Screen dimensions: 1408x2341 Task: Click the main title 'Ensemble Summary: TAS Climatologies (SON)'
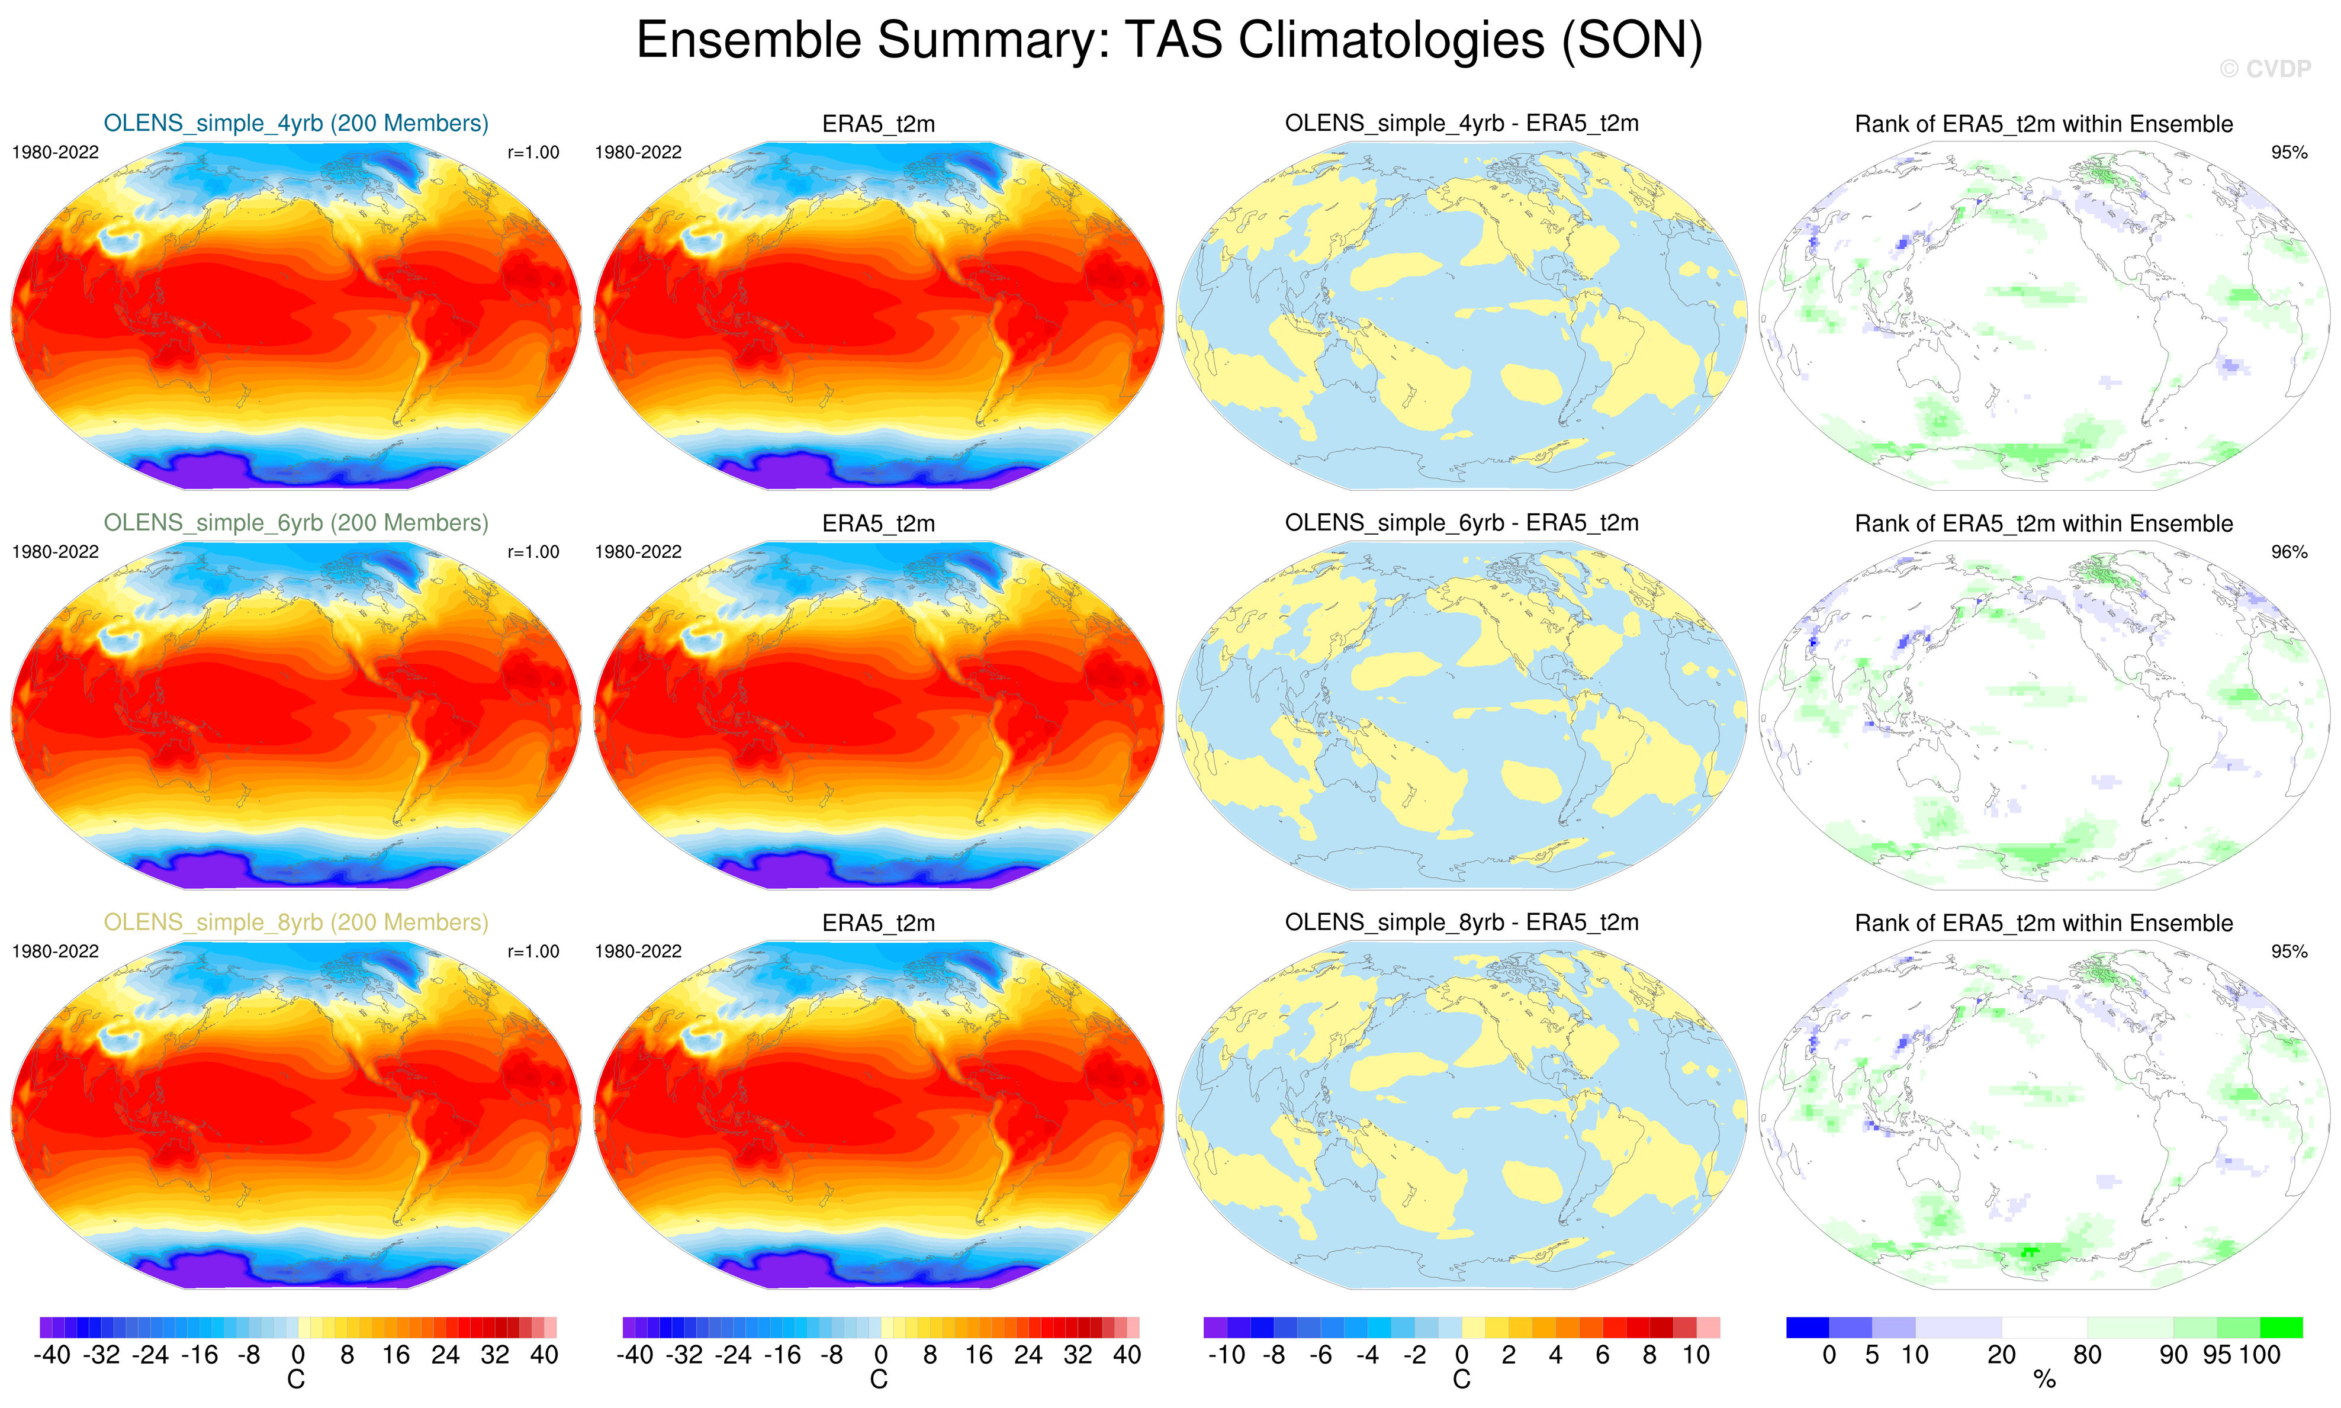pos(1169,41)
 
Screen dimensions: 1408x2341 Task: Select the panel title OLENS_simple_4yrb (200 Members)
pos(296,123)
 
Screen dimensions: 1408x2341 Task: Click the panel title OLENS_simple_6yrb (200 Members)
pos(296,523)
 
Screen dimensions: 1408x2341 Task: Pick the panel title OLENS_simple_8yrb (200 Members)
pos(296,922)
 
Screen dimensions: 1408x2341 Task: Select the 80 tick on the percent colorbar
pos(2087,1355)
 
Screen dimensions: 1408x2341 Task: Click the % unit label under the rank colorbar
pos(2044,1381)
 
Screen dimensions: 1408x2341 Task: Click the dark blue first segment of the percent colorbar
pos(1807,1327)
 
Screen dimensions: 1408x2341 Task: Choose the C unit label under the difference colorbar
pos(1461,1381)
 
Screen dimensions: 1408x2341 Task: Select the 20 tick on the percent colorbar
pos(2001,1355)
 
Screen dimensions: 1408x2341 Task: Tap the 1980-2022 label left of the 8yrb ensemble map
pos(55,951)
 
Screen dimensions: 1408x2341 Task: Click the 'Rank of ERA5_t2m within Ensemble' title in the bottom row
pos(2043,923)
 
